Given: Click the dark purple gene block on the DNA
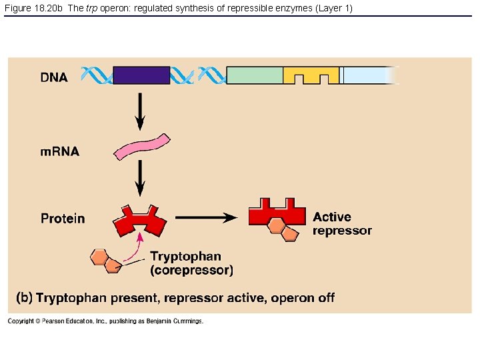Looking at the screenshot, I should tap(141, 75).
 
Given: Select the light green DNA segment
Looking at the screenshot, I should tap(255, 75).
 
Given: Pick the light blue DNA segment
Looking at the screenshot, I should tap(367, 75).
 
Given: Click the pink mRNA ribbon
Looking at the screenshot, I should tap(142, 147).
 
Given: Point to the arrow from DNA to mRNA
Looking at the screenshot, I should tap(140, 110).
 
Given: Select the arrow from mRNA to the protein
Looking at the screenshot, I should tap(140, 179).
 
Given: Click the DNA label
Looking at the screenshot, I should tap(54, 77).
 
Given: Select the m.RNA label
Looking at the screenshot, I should tap(59, 151).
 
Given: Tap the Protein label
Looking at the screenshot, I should tap(63, 218).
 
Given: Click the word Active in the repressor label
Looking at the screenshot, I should tap(331, 217).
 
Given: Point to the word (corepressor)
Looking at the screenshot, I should tap(191, 270).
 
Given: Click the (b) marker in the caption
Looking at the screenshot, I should tap(25, 297).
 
